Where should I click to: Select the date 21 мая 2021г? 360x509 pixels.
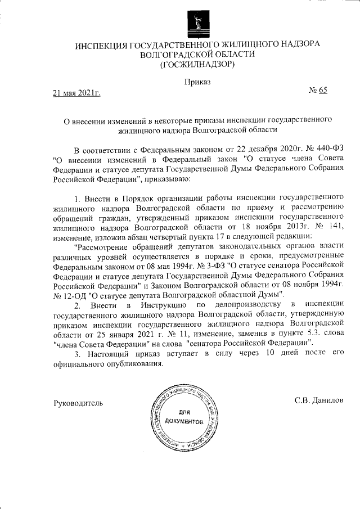click(76, 93)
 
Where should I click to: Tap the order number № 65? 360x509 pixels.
click(318, 91)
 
